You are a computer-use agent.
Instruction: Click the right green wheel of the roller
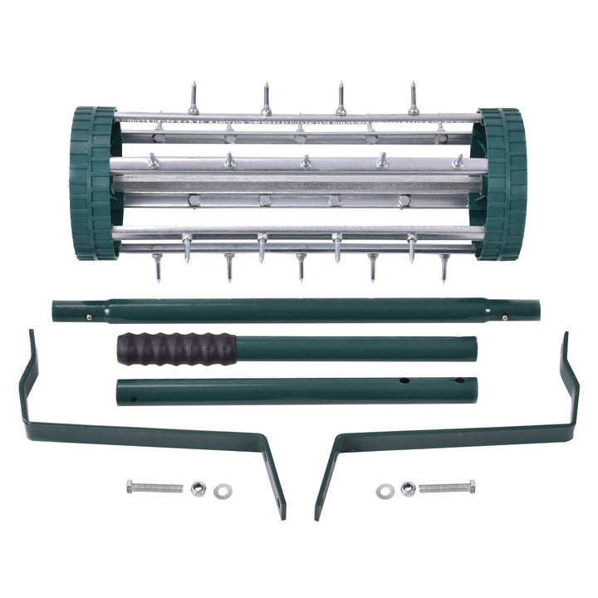(x=502, y=184)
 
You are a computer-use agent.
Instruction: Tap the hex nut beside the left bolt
(x=198, y=488)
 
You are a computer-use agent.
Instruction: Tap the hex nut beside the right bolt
(x=407, y=488)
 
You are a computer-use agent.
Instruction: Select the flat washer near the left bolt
(x=222, y=492)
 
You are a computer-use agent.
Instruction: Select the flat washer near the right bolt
(x=384, y=492)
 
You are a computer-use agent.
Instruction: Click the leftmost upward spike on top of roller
(x=193, y=99)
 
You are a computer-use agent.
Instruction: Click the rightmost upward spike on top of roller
(x=413, y=99)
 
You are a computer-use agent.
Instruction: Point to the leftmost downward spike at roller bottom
(x=158, y=267)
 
